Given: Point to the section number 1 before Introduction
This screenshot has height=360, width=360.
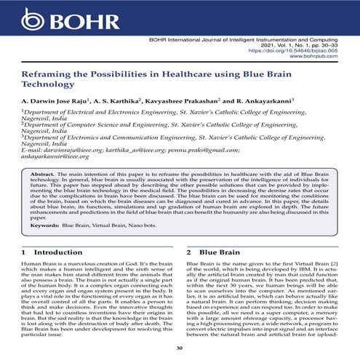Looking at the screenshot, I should coord(25,251).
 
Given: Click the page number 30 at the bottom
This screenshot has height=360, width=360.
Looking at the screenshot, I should coord(180,348).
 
